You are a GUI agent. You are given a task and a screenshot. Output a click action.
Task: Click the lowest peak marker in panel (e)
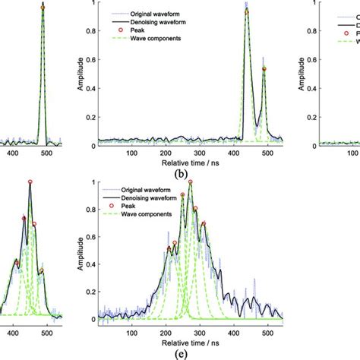coord(168,248)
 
